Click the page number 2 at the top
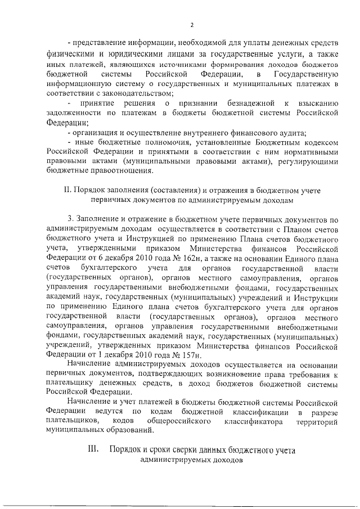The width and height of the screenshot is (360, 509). (191, 25)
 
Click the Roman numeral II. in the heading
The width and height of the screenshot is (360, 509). (69, 190)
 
